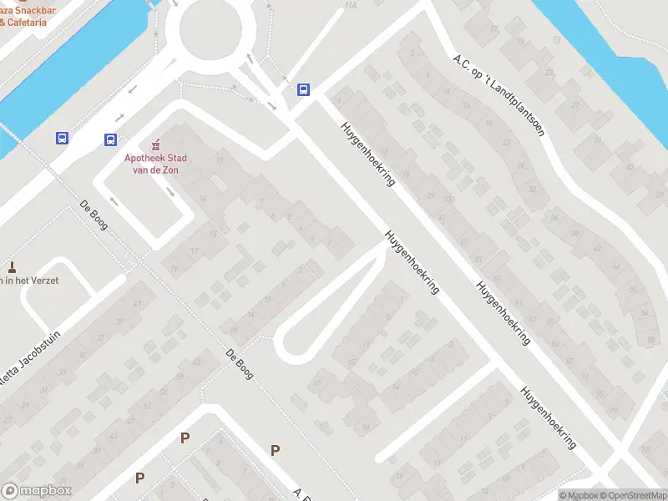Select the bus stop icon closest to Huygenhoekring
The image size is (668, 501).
click(x=303, y=89)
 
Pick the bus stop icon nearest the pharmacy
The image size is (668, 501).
click(x=111, y=139)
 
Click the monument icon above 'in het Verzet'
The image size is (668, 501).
click(x=12, y=267)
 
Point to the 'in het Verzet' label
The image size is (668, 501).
click(x=29, y=281)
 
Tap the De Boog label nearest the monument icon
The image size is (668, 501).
click(x=94, y=215)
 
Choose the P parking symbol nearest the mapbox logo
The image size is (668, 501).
click(x=139, y=478)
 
